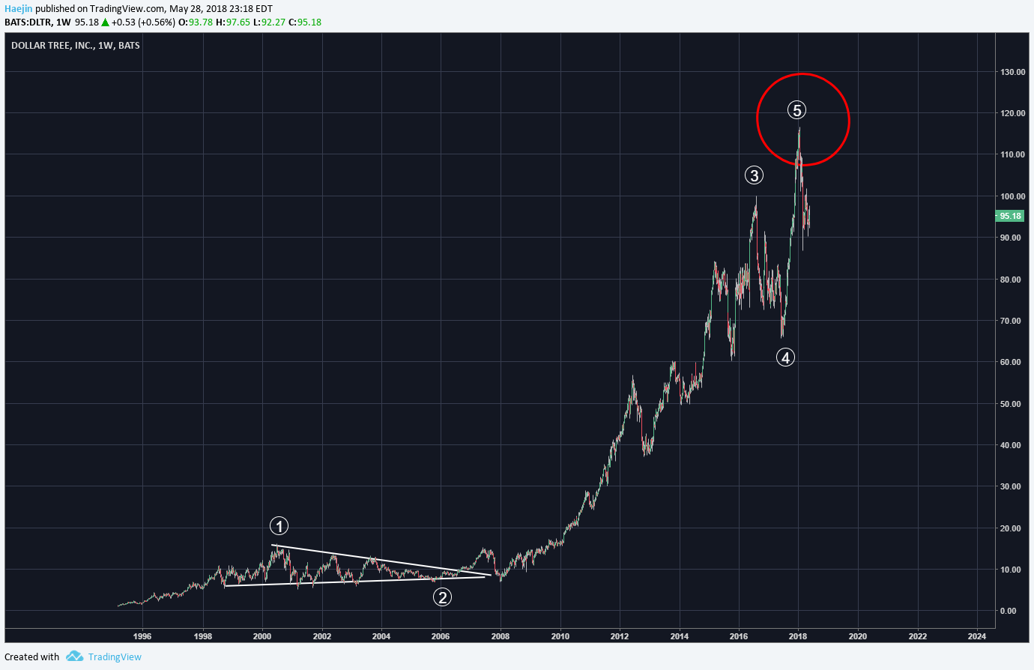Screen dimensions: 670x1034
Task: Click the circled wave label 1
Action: click(x=279, y=526)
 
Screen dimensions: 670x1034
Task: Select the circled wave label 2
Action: click(x=443, y=597)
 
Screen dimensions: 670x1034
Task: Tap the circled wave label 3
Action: click(x=754, y=175)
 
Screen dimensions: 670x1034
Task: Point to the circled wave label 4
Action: click(x=785, y=357)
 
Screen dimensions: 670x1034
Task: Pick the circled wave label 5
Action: click(x=796, y=110)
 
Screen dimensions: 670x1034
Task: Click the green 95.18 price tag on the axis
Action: click(x=1010, y=216)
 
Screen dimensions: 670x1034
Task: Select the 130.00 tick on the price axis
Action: click(x=1013, y=72)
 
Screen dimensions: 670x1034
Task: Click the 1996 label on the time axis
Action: click(x=142, y=636)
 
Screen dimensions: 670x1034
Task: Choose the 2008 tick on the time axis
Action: click(x=500, y=636)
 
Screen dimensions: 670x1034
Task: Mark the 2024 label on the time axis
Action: click(x=976, y=636)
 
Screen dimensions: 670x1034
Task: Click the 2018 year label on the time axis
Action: click(x=798, y=636)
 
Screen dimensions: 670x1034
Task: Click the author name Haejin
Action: click(x=19, y=8)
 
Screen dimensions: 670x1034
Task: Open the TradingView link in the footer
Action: click(x=115, y=657)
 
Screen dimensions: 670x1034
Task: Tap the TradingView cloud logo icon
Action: click(x=74, y=657)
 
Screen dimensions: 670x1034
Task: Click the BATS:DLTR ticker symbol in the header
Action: click(x=27, y=22)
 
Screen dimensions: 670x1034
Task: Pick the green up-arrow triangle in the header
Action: click(x=106, y=22)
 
